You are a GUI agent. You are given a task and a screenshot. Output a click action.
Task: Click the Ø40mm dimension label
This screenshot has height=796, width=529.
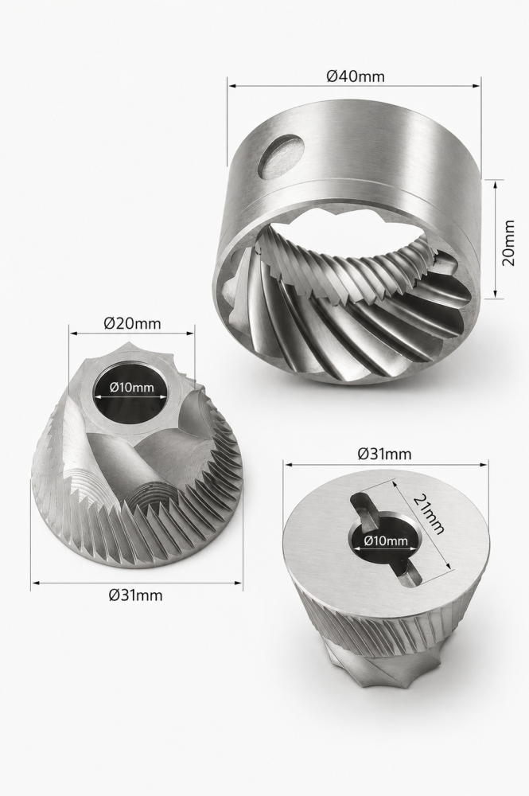click(355, 76)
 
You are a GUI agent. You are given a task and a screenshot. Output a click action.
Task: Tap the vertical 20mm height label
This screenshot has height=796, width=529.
click(508, 243)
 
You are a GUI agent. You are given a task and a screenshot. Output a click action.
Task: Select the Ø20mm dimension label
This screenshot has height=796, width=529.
click(132, 323)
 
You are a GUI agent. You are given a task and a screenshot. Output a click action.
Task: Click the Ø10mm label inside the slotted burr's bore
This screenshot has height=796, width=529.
click(386, 540)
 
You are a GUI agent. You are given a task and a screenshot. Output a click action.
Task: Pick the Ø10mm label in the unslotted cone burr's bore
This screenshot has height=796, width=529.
click(131, 388)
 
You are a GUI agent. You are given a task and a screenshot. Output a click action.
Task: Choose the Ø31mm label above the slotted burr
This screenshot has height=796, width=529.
click(384, 454)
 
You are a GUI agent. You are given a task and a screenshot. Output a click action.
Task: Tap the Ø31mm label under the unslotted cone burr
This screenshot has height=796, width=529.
click(136, 595)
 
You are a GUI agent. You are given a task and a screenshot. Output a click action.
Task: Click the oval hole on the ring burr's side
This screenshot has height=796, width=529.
click(282, 156)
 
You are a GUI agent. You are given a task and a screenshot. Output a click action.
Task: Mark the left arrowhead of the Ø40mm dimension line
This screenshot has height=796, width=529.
click(231, 86)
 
